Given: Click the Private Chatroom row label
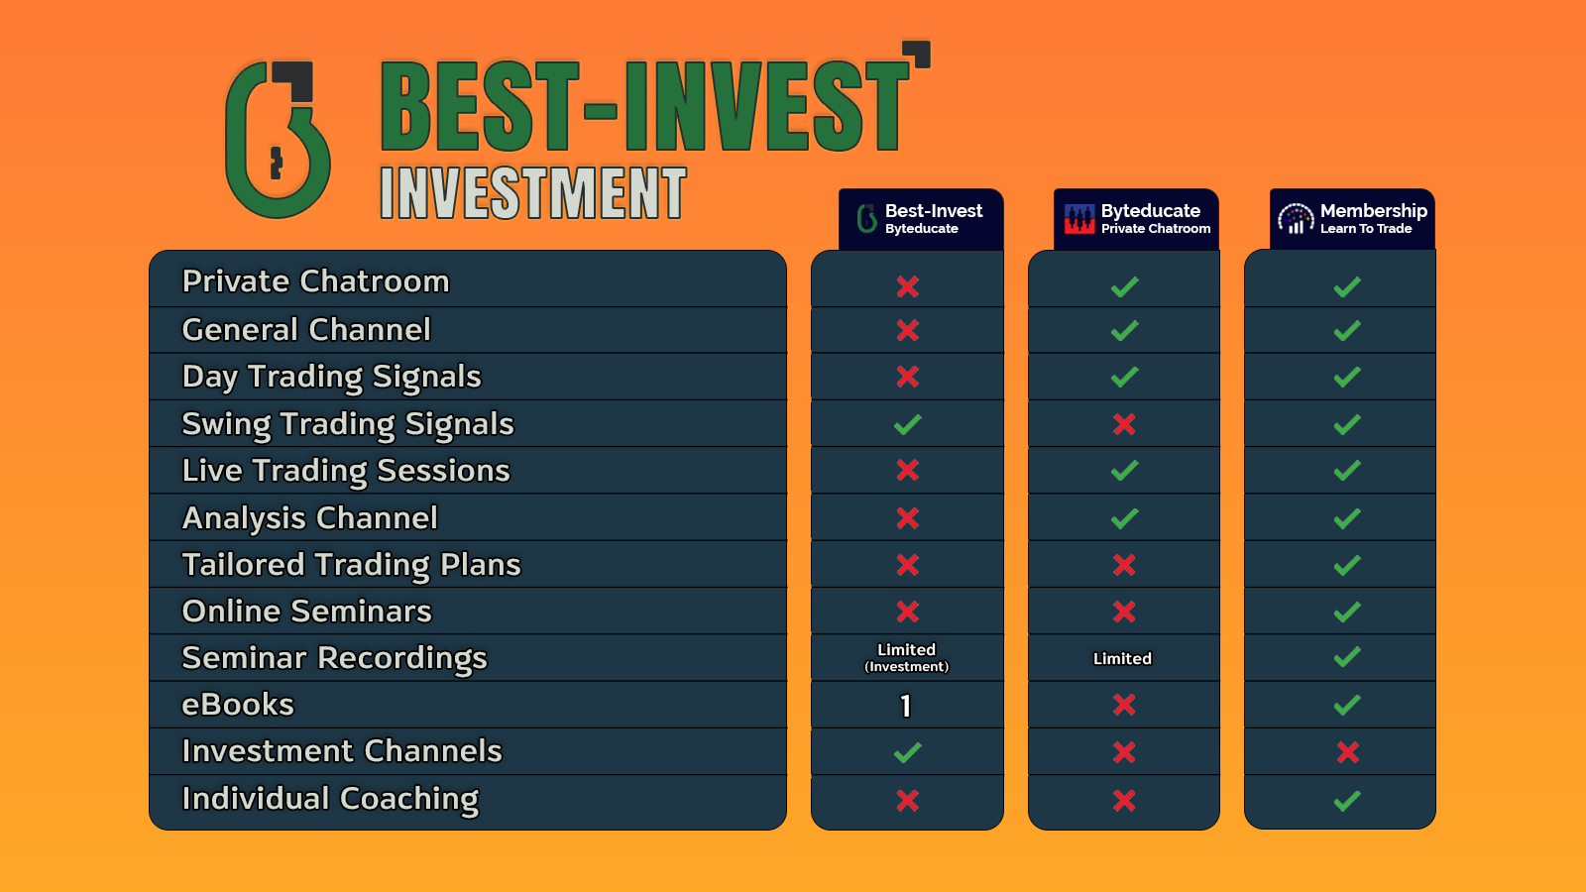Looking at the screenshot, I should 315,281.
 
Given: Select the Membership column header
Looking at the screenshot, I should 1353,219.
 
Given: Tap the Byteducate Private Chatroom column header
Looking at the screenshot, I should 1137,219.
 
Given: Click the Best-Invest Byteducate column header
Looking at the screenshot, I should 921,219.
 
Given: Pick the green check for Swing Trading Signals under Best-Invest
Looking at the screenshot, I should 907,424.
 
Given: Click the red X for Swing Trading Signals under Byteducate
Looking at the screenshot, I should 1124,424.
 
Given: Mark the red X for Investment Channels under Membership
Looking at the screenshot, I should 1347,752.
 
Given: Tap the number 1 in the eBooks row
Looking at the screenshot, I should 906,706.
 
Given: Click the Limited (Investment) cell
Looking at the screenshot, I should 907,658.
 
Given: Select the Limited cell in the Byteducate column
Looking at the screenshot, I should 1122,658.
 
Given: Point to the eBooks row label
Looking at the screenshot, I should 238,705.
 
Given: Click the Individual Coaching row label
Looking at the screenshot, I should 330,799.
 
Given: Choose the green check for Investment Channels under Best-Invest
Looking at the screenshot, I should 907,752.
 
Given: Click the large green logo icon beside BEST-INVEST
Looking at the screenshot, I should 277,140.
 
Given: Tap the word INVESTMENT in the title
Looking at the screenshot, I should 533,192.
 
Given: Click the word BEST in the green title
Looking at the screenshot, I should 479,106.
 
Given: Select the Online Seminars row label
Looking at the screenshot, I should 306,612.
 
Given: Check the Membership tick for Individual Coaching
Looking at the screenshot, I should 1347,800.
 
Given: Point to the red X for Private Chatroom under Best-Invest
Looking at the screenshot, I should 907,286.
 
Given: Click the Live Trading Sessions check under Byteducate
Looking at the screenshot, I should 1124,471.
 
